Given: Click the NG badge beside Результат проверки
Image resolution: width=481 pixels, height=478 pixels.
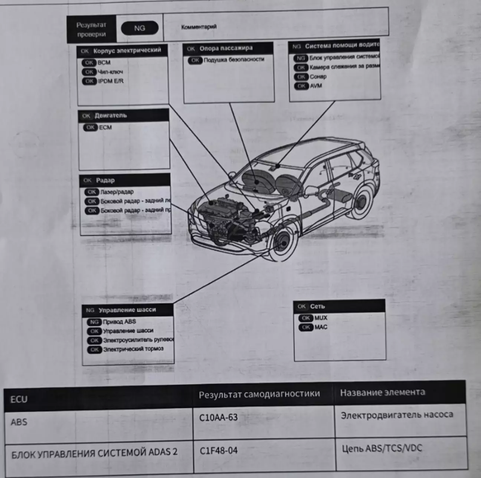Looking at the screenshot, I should click(x=140, y=28).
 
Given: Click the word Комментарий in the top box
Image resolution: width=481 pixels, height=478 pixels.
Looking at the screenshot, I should click(x=199, y=27).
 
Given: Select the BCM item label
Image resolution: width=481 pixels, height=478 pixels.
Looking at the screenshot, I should click(x=104, y=62).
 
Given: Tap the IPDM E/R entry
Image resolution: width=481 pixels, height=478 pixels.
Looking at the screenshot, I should click(x=111, y=81).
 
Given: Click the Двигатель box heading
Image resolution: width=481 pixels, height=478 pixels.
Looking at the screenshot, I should click(x=110, y=116).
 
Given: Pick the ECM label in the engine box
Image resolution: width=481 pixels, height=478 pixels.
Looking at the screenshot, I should click(x=105, y=127).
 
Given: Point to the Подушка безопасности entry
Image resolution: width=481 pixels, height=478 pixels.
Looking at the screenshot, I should click(x=234, y=59).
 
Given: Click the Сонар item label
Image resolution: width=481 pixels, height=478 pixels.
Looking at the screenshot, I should click(x=318, y=77).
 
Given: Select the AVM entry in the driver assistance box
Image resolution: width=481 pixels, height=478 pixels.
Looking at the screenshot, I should click(x=316, y=86).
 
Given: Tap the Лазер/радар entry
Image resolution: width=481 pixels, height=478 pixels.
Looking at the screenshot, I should click(x=117, y=192).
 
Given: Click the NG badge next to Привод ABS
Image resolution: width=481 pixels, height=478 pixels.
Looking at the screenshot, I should click(x=94, y=322).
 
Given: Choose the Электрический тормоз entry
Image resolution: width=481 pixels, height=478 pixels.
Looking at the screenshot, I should click(x=133, y=349).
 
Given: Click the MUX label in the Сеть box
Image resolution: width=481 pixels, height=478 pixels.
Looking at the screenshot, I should click(x=321, y=318).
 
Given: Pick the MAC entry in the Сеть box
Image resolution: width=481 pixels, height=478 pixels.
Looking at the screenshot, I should click(x=321, y=327).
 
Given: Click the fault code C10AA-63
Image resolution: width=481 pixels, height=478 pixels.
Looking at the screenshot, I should click(x=218, y=417).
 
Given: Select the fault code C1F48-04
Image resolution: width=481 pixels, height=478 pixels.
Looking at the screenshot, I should click(x=219, y=451).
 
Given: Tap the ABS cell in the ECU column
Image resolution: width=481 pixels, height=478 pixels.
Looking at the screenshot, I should click(x=19, y=422).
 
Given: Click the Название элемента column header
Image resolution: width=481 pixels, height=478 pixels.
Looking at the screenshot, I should click(x=382, y=393).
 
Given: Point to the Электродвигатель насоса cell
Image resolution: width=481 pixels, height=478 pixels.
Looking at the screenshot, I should click(x=397, y=415).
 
